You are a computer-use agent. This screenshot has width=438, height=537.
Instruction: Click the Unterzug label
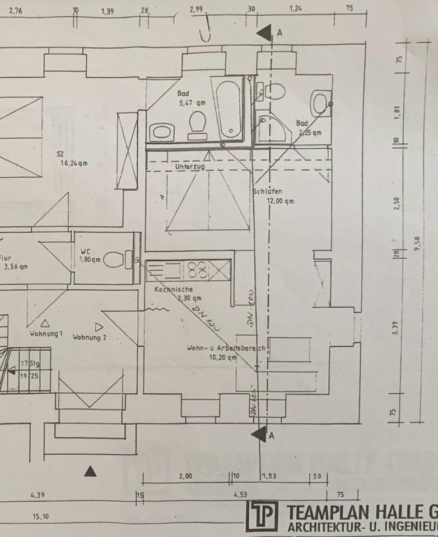(x=189, y=167)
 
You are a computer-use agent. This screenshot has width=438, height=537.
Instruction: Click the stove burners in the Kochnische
(x=198, y=270)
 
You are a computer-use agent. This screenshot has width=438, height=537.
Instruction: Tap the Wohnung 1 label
(x=46, y=334)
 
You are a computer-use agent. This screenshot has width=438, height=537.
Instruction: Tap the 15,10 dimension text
(x=40, y=516)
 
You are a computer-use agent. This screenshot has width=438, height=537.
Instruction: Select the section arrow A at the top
(x=265, y=32)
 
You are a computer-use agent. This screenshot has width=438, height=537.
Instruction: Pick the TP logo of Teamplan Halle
(x=262, y=516)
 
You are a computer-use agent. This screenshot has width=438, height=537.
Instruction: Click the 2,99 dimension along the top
(x=198, y=10)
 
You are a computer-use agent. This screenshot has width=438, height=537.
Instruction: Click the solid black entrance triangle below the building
(x=90, y=471)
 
